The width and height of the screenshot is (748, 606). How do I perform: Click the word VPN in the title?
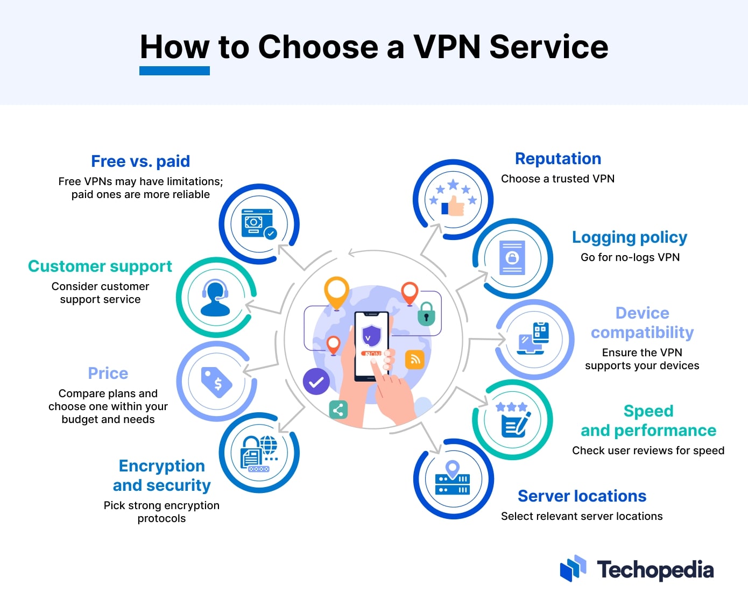tap(447, 47)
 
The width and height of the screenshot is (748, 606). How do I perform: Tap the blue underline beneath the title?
tap(174, 71)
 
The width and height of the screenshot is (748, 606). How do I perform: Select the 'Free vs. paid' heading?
tap(140, 161)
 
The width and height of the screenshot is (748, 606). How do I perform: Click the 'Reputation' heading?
tap(558, 159)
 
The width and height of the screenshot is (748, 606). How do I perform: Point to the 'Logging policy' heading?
tap(630, 238)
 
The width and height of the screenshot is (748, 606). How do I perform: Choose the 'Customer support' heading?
tap(100, 266)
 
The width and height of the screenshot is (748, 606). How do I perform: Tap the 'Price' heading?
tap(108, 373)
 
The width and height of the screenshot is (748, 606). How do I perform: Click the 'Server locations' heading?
tap(582, 496)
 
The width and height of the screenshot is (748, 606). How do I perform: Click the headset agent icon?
tap(215, 298)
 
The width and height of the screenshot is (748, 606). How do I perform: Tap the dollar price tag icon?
tap(216, 382)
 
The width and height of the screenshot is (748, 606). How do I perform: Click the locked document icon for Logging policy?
tap(512, 258)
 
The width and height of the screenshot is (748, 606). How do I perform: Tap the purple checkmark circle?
tap(316, 382)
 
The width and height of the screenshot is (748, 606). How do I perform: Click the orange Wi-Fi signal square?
tap(415, 359)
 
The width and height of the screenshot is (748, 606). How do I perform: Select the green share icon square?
tap(338, 410)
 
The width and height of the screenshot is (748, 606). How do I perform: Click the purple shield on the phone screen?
tap(371, 336)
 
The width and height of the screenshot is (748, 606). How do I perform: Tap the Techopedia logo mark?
tap(573, 568)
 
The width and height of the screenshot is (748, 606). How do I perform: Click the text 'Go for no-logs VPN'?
tap(630, 257)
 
